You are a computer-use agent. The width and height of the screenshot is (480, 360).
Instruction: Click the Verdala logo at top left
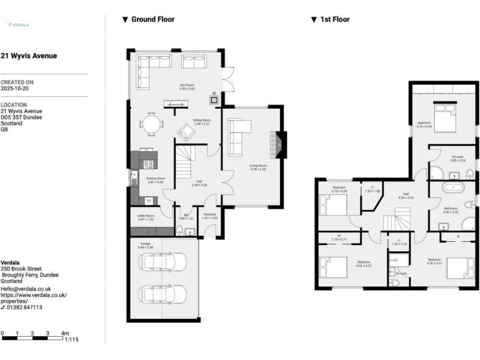[x=17, y=25]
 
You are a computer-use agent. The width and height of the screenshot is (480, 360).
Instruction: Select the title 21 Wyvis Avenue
[x=29, y=56]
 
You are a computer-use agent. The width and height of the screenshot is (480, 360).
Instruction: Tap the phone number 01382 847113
[x=25, y=307]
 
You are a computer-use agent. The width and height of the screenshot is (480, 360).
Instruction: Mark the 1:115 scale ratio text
[x=71, y=339]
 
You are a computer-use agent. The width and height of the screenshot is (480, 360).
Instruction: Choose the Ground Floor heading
[x=152, y=19]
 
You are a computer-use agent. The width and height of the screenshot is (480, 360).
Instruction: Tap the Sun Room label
[x=187, y=86]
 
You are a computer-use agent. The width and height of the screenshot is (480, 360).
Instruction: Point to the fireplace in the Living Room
[x=279, y=145]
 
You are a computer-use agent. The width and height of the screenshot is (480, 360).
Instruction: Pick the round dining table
[x=151, y=124]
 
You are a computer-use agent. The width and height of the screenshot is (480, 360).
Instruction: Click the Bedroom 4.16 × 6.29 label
[x=424, y=124]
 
